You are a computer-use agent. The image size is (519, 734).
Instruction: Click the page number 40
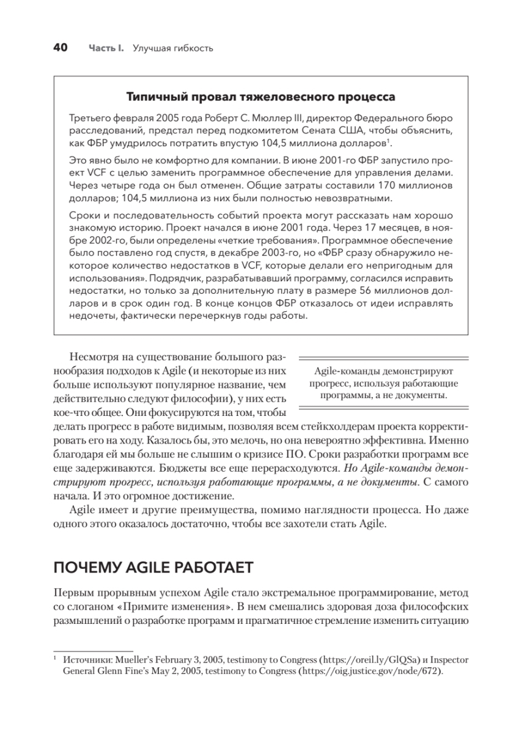pyautogui.click(x=62, y=47)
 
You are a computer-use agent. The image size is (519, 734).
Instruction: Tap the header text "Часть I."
pyautogui.click(x=106, y=48)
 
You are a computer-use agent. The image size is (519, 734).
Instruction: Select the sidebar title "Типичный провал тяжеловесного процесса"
pyautogui.click(x=260, y=97)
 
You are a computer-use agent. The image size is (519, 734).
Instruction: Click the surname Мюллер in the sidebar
pyautogui.click(x=250, y=118)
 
